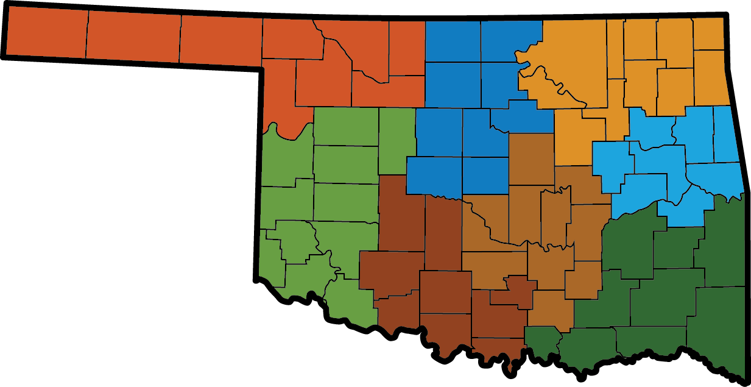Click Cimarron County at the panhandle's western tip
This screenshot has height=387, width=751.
tap(46, 34)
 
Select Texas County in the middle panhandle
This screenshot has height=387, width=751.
tap(133, 37)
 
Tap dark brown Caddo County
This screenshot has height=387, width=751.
tap(401, 213)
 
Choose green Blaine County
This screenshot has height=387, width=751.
tap(397, 140)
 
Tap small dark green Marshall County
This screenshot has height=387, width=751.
tap(542, 339)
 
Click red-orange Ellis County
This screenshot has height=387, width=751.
tap(280, 91)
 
